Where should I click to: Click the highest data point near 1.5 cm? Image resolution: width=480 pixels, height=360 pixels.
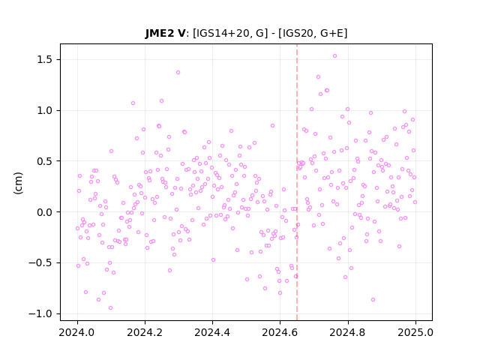[x=334, y=56]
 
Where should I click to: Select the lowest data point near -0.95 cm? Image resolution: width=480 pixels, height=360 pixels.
[x=110, y=308]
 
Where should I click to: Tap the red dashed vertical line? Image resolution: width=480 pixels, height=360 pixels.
[x=297, y=182]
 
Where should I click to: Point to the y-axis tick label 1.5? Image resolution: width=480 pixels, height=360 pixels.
[x=44, y=59]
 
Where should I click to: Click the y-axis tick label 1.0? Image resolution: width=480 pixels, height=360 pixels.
[x=44, y=110]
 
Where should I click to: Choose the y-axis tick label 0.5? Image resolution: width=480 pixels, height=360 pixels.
[x=44, y=161]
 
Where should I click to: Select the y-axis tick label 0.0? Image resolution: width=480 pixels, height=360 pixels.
[x=44, y=211]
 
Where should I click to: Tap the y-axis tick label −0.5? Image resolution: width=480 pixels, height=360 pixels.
[x=40, y=262]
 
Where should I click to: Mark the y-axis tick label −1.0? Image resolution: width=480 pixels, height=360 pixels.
[x=40, y=313]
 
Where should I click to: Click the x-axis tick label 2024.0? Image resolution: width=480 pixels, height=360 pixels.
[x=77, y=332]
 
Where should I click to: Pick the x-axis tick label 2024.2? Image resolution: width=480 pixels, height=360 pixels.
[x=145, y=332]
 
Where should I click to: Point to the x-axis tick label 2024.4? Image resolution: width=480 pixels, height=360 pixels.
[x=212, y=332]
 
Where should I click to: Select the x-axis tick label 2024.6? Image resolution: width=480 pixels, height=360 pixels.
[x=280, y=332]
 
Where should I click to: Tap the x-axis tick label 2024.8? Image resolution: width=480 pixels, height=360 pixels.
[x=348, y=332]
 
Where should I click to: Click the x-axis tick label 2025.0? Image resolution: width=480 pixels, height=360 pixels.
[x=415, y=332]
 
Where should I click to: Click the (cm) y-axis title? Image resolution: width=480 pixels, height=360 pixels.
[x=18, y=183]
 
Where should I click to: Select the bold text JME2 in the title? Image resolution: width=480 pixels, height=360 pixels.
[x=160, y=33]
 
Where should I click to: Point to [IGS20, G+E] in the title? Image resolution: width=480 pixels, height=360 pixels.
[x=313, y=33]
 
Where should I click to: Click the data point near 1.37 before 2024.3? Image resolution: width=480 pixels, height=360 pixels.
[x=178, y=73]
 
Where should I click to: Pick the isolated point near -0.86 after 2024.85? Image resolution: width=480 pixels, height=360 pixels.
[x=373, y=300]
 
